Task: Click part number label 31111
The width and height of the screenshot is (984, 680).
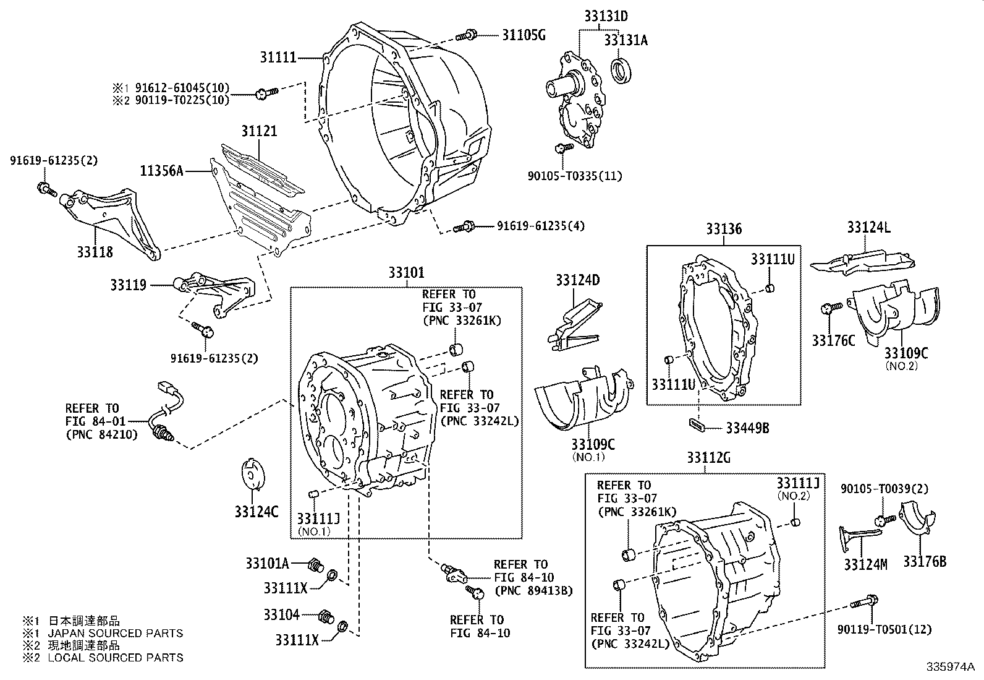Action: pyautogui.click(x=278, y=58)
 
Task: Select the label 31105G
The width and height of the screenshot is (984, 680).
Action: pyautogui.click(x=523, y=35)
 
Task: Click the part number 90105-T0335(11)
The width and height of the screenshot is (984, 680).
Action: pyautogui.click(x=575, y=176)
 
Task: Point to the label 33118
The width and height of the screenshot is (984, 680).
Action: pyautogui.click(x=95, y=252)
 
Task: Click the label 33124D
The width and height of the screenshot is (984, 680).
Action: pyautogui.click(x=577, y=280)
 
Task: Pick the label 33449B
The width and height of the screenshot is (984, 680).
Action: pyautogui.click(x=747, y=428)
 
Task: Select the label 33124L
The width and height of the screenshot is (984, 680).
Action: pyautogui.click(x=868, y=228)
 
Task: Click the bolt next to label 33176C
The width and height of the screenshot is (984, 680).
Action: pyautogui.click(x=830, y=308)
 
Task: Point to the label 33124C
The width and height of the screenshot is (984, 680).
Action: pyautogui.click(x=256, y=512)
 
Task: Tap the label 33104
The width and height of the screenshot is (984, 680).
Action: pyautogui.click(x=281, y=614)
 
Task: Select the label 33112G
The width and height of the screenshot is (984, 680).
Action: pyautogui.click(x=708, y=458)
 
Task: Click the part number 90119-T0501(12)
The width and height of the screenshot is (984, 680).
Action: pyautogui.click(x=884, y=629)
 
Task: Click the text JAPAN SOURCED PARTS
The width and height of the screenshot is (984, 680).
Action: pyautogui.click(x=116, y=633)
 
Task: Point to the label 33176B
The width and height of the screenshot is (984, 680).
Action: pyautogui.click(x=924, y=561)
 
